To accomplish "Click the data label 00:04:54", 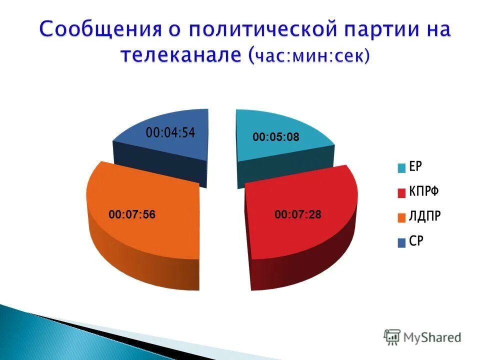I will click(170, 133).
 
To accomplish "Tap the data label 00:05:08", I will click(275, 137).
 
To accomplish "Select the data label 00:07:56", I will click(132, 214).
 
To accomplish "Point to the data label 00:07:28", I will click(298, 214).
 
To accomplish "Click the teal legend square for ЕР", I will click(401, 168).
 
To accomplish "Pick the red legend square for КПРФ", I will click(401, 192).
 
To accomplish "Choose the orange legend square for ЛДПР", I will click(401, 217).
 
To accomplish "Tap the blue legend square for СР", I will click(401, 242).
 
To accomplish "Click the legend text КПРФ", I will click(424, 192).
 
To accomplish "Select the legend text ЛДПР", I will click(425, 217).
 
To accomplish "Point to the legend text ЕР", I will click(416, 167).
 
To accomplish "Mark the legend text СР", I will click(416, 242).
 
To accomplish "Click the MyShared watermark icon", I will click(392, 337).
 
